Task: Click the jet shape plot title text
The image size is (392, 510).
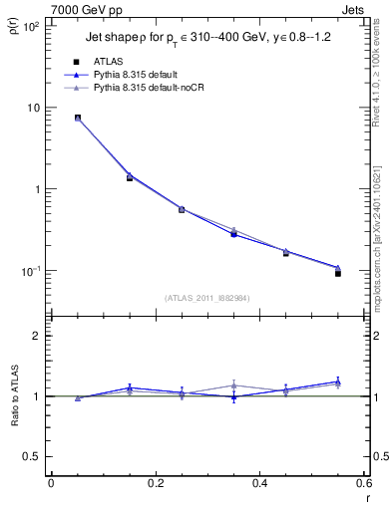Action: (x=199, y=40)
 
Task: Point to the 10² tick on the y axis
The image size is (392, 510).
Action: (x=32, y=26)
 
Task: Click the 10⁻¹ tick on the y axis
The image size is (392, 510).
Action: (x=32, y=271)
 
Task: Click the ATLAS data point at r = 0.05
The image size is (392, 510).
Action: (x=77, y=118)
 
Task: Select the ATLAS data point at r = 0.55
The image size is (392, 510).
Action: (x=338, y=273)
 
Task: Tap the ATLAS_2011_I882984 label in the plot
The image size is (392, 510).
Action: (x=207, y=298)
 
